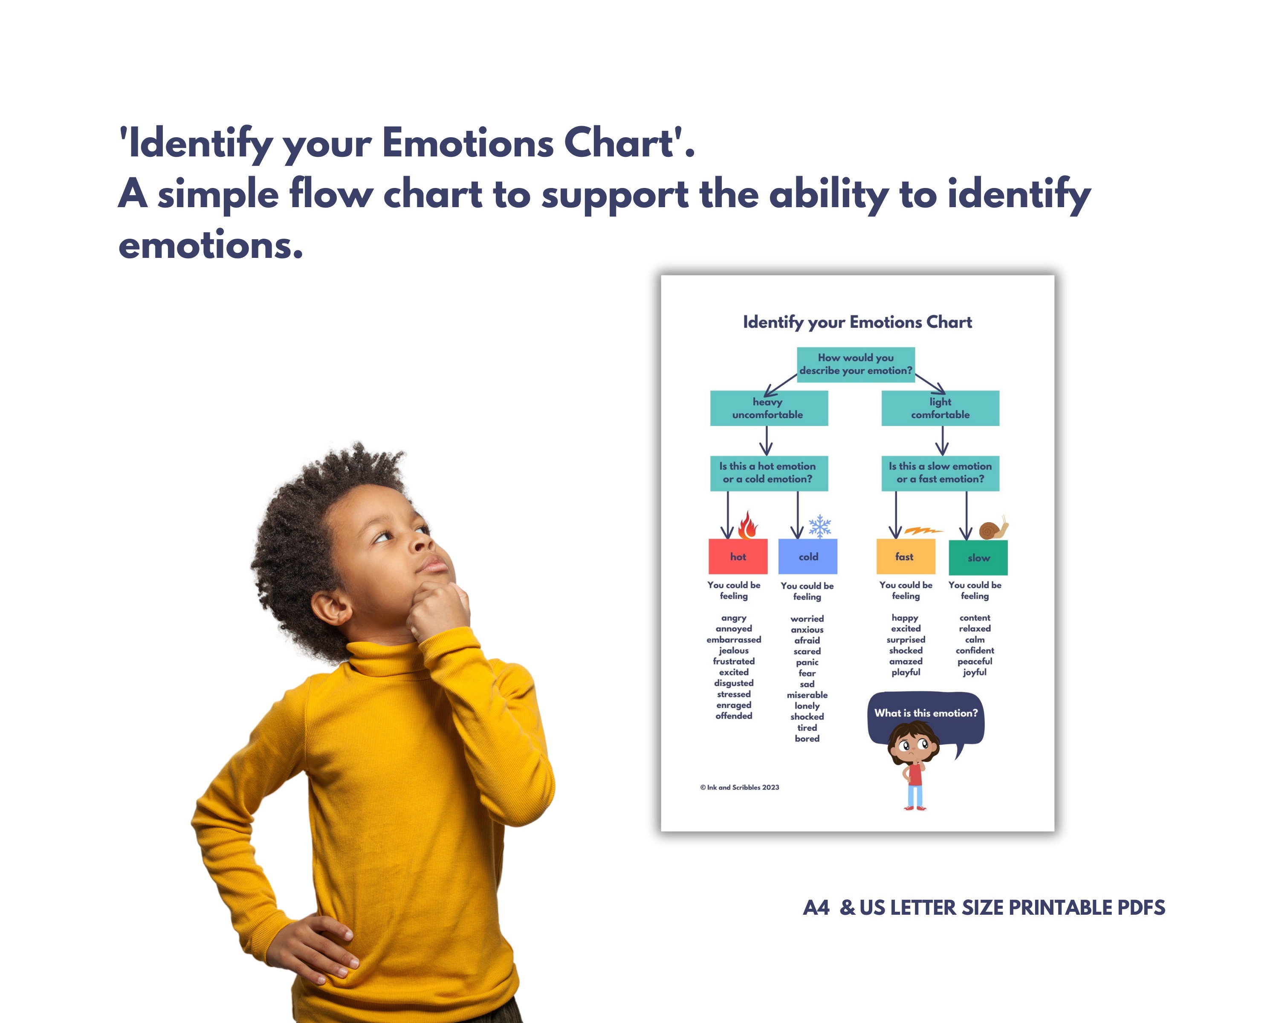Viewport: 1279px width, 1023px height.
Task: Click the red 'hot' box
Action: (x=738, y=556)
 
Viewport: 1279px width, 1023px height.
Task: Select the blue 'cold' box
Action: (x=807, y=556)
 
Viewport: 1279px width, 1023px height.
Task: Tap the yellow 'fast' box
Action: (x=905, y=556)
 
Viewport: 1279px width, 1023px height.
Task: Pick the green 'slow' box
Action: (x=978, y=558)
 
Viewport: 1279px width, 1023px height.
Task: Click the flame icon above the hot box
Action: (x=747, y=525)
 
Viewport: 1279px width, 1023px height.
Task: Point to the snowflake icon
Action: (x=820, y=526)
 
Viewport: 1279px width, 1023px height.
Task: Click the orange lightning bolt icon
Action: (x=923, y=530)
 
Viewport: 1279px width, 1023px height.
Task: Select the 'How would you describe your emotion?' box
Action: (x=855, y=364)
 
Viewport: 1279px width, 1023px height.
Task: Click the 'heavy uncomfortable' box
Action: (x=769, y=408)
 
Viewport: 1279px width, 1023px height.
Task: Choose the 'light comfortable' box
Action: (x=940, y=408)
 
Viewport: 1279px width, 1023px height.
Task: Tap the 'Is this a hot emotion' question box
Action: (x=769, y=473)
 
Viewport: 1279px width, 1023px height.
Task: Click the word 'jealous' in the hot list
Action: (x=734, y=650)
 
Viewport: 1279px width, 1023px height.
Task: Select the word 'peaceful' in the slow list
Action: (x=975, y=661)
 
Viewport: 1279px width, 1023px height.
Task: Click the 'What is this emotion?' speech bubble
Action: (x=926, y=714)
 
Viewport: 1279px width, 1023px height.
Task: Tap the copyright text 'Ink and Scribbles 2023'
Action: (x=739, y=788)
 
